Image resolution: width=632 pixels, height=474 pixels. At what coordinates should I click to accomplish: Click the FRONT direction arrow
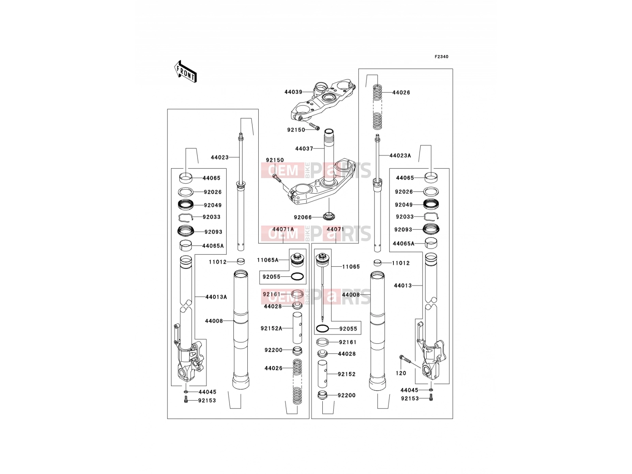(185, 72)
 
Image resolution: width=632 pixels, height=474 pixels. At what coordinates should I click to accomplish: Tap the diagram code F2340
(441, 57)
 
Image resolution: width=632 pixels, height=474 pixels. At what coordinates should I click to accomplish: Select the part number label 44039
(293, 92)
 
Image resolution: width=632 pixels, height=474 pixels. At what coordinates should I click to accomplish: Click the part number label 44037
(304, 149)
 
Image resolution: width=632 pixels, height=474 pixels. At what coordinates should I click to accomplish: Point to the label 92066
(303, 217)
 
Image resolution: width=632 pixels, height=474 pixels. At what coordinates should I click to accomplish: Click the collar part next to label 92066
(329, 216)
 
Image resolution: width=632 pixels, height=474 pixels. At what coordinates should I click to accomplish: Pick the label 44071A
(283, 229)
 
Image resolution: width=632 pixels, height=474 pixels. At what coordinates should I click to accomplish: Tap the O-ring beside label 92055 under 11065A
(297, 277)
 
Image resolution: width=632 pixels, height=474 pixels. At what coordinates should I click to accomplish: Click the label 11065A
(268, 260)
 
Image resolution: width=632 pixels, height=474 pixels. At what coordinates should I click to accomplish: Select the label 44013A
(216, 297)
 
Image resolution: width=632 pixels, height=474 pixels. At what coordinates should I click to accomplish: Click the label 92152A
(271, 328)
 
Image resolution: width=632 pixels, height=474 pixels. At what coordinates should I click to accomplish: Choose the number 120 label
(401, 373)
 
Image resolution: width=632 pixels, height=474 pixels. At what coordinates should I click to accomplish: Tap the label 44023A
(400, 156)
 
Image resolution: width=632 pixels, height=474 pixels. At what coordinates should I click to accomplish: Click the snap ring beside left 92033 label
(185, 218)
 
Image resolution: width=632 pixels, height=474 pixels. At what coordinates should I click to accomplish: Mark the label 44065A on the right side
(404, 244)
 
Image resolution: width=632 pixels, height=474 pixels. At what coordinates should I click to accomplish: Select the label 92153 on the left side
(207, 401)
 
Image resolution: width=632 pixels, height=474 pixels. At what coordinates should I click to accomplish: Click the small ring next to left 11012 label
(241, 261)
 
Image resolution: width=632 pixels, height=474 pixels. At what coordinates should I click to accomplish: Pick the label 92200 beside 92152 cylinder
(347, 395)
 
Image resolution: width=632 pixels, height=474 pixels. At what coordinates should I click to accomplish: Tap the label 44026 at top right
(401, 93)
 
